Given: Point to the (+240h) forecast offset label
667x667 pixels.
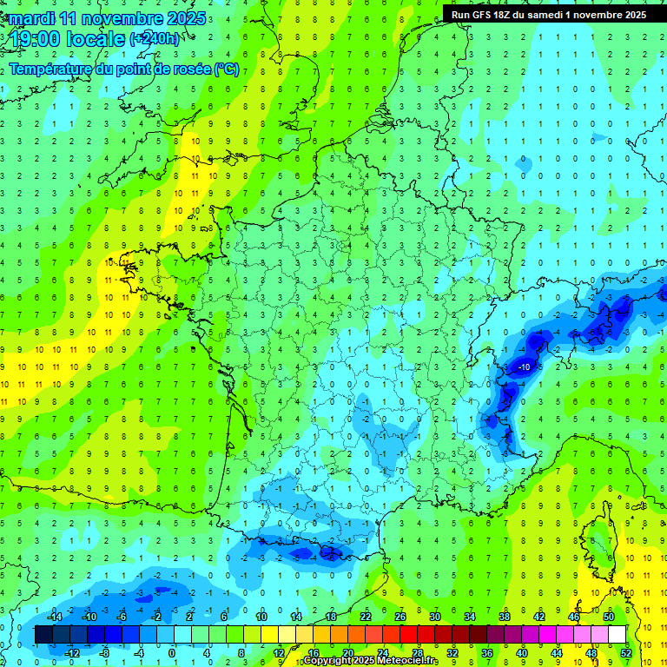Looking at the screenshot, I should tap(155, 38).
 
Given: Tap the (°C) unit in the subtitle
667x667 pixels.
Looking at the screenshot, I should tap(226, 69).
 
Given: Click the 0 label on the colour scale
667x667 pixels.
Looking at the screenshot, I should tap(171, 652).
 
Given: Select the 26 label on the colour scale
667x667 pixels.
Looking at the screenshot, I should tap(400, 616).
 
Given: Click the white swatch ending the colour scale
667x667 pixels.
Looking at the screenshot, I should tap(617, 634).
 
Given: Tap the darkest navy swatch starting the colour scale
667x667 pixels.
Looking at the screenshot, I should tap(43, 634).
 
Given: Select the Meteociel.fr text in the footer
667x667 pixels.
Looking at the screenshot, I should tap(413, 661).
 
